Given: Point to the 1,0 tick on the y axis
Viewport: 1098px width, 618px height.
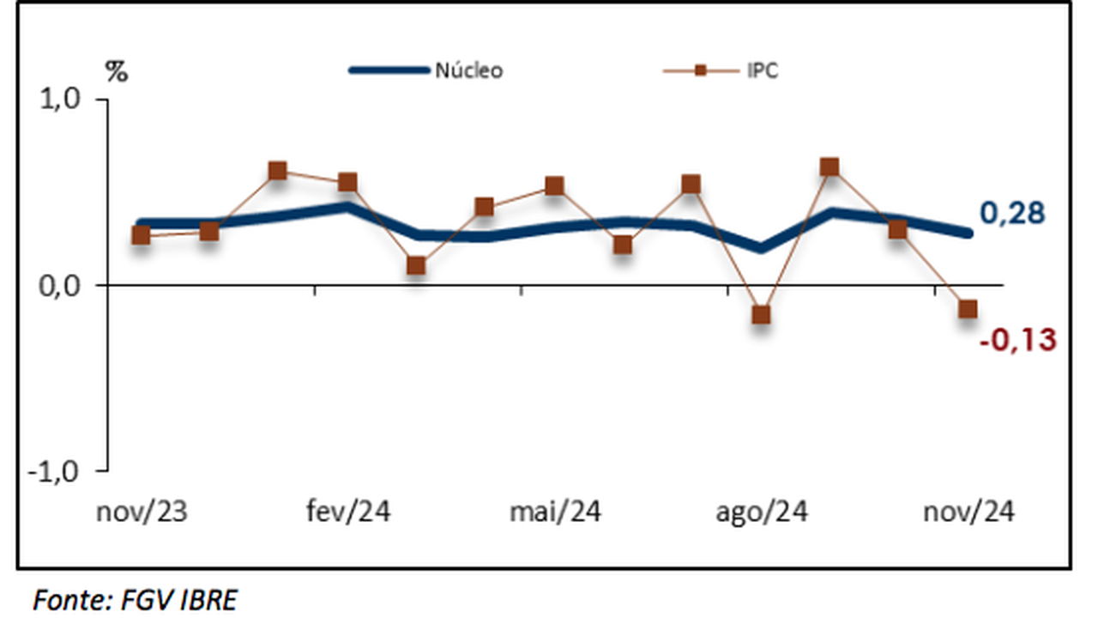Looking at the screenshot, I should (61, 100).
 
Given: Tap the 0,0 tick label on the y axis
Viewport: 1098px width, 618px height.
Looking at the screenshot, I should (59, 285).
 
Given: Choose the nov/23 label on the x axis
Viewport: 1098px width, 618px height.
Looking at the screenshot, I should (142, 512).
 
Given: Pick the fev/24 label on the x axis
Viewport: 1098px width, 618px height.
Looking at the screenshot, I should (348, 512).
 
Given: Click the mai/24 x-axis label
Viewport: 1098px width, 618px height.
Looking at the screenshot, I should (555, 512).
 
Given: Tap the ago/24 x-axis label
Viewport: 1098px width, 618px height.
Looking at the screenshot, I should (762, 512).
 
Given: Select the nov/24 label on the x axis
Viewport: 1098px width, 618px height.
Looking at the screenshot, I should (968, 512).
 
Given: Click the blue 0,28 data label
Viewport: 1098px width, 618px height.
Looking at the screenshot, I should (1012, 214).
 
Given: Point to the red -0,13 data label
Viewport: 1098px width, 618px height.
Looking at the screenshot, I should (1017, 341).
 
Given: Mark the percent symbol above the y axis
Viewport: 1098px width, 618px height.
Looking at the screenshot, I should (117, 73).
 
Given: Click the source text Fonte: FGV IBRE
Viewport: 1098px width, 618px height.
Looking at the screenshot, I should (135, 600).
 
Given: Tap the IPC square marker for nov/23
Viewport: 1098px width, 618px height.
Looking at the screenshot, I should (142, 235).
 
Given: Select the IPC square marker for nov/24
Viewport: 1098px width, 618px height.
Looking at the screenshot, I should (968, 309).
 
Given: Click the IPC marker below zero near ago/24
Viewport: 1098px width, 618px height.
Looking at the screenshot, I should (761, 315).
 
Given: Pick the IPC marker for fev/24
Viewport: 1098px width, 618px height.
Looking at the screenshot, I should (347, 182).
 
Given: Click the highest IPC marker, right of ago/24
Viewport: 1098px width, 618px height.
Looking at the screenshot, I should (830, 167).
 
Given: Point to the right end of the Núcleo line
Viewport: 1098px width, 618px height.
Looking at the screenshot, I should (968, 233).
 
